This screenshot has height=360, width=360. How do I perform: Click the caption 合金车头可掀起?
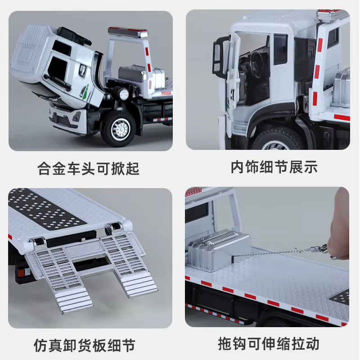(x=88, y=168)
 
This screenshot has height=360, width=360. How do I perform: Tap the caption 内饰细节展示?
(x=274, y=167)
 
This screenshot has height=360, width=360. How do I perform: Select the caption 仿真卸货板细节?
(x=85, y=345)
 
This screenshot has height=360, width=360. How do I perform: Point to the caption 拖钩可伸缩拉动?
(x=268, y=344)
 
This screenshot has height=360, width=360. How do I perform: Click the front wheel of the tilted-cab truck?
(x=118, y=129)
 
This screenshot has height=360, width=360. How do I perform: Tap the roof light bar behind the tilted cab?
(x=128, y=32)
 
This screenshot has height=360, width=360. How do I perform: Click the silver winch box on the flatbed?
(x=219, y=250)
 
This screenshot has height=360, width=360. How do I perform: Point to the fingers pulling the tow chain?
(x=339, y=232)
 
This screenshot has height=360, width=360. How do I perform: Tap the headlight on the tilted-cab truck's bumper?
(x=76, y=117)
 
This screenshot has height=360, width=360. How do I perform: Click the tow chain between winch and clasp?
(x=271, y=253)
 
